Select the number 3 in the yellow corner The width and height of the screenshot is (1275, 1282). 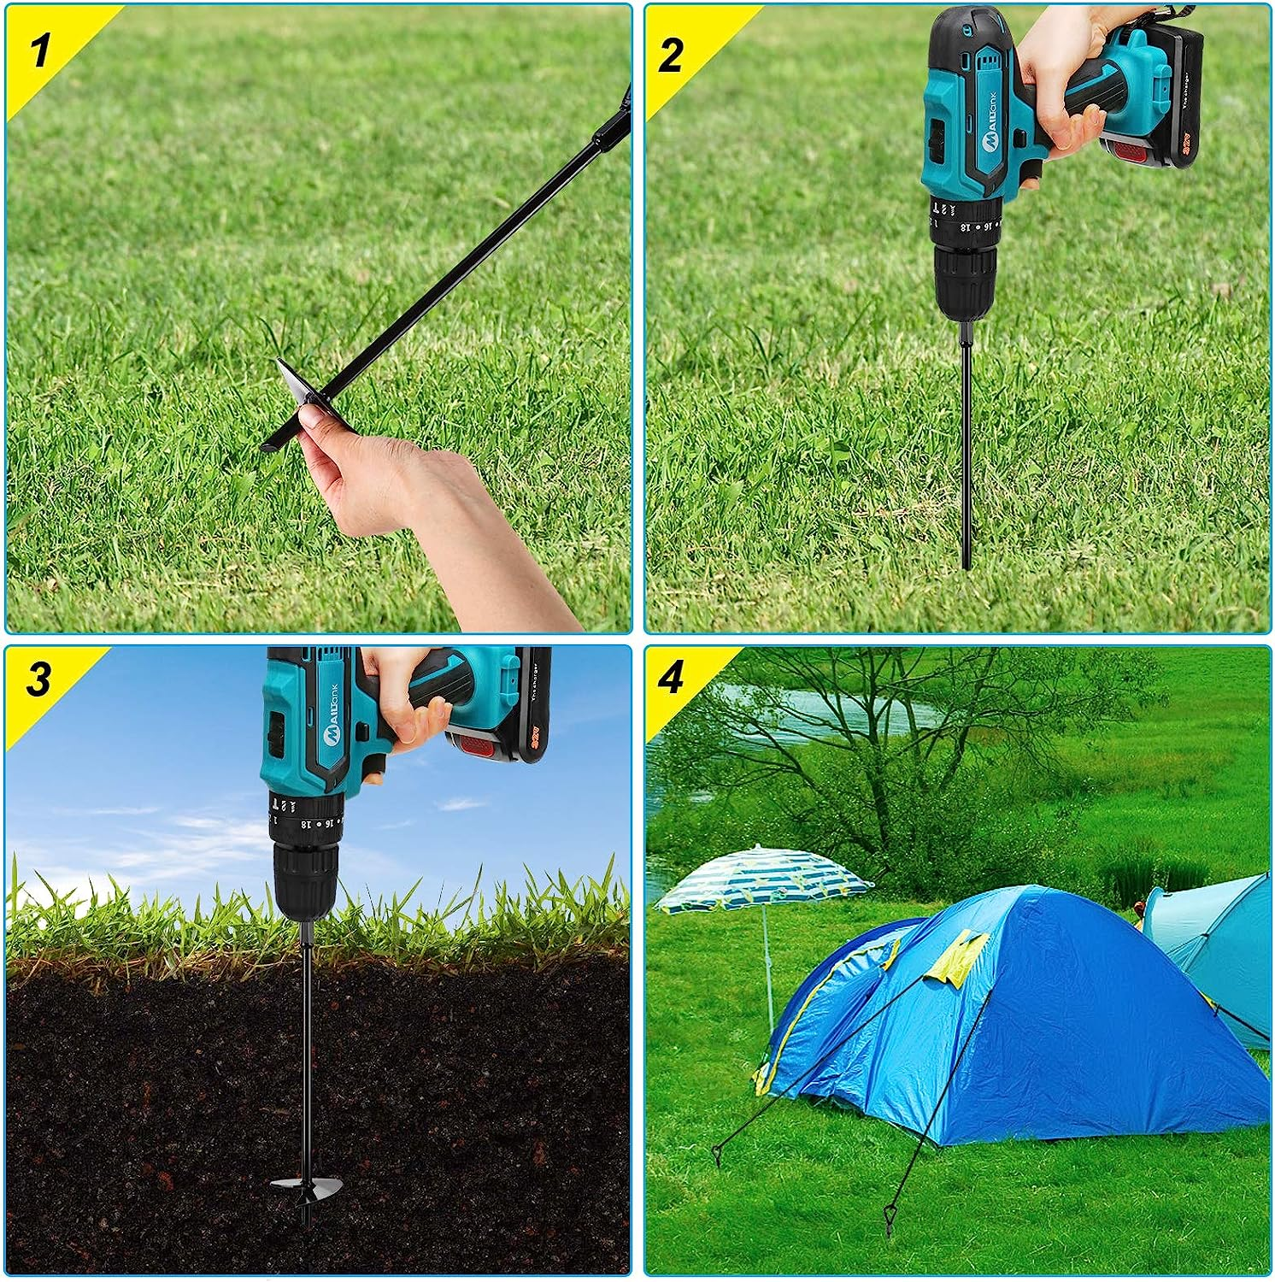(38, 679)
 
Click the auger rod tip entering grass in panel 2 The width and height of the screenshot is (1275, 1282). (967, 560)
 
